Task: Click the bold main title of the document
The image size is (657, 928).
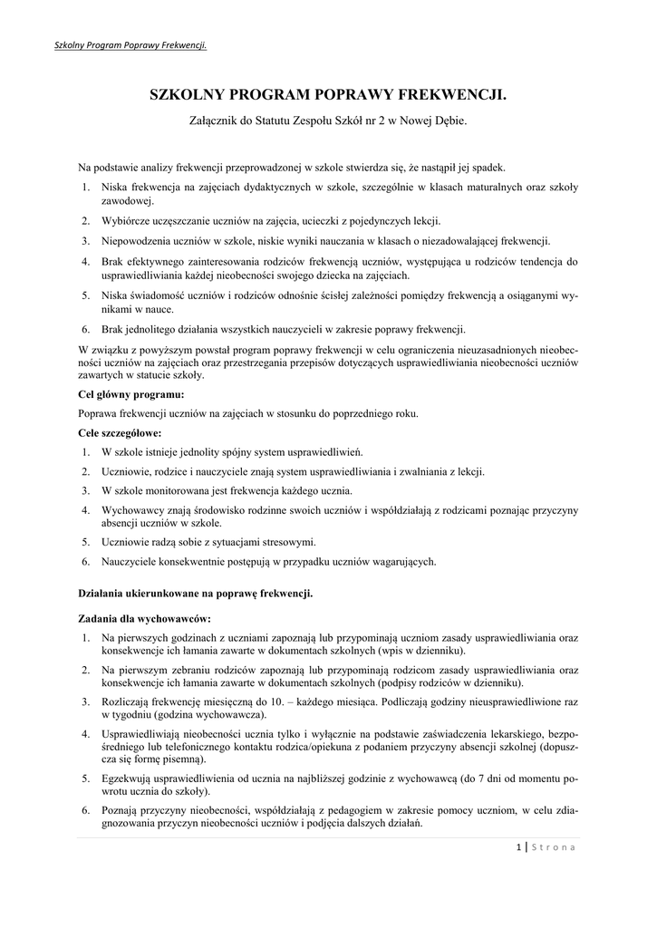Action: [328, 95]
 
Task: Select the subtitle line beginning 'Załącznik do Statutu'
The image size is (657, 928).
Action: [328, 120]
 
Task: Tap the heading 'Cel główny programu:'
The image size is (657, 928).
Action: [131, 394]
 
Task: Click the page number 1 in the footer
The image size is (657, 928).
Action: [517, 847]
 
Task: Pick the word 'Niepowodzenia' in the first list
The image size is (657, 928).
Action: [135, 241]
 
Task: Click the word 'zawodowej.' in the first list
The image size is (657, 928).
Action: [128, 201]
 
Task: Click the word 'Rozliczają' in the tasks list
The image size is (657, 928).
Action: [127, 701]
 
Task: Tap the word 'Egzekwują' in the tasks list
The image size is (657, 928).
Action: [128, 778]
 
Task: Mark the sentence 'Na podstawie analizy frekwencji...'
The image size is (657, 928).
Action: [292, 168]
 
